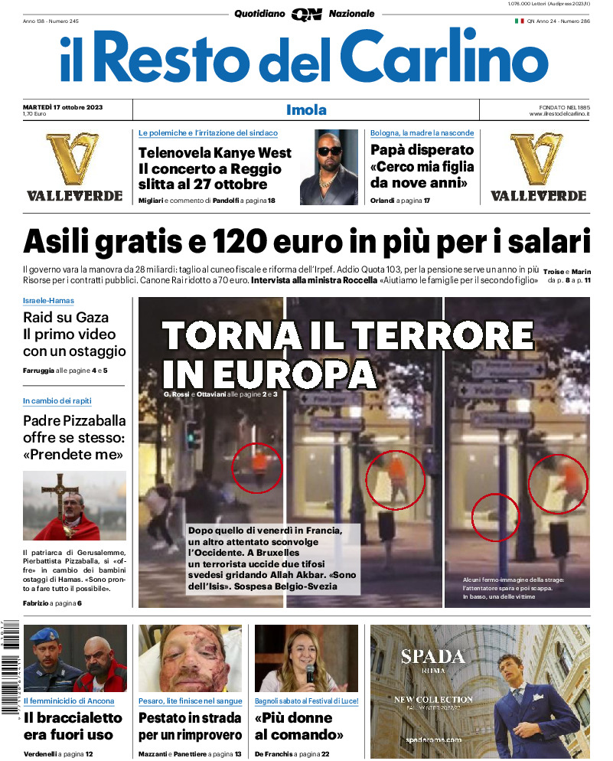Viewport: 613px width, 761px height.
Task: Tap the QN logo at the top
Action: (x=306, y=14)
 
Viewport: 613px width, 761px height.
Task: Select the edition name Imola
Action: (x=306, y=109)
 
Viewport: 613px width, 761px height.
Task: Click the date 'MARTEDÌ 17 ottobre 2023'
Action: (x=62, y=106)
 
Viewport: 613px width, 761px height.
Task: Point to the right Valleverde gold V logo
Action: (x=537, y=159)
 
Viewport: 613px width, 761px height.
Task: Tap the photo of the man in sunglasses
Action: (x=329, y=166)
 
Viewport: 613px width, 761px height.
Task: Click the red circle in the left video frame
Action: (x=257, y=467)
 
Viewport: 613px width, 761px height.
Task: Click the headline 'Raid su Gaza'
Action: (x=66, y=317)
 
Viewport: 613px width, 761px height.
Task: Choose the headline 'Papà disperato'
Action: (x=422, y=150)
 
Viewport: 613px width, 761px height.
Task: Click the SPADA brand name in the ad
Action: (x=432, y=656)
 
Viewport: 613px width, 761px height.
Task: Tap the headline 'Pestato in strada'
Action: (x=190, y=718)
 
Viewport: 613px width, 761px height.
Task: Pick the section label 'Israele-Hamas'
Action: (x=48, y=300)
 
